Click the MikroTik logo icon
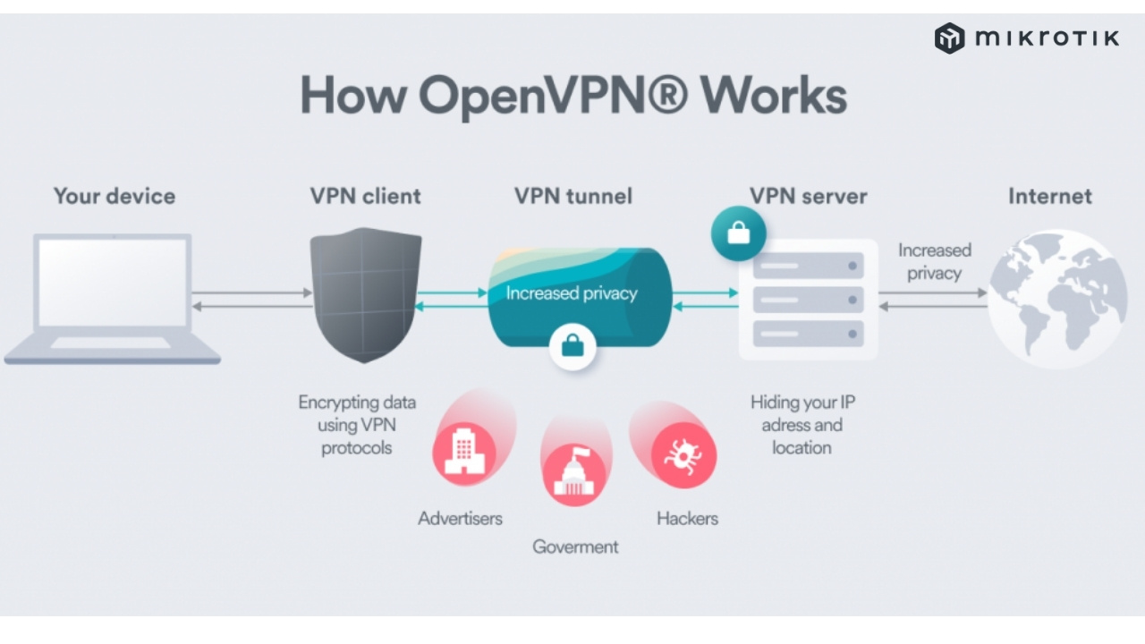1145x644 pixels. pyautogui.click(x=949, y=38)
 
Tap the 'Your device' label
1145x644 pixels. pyautogui.click(x=114, y=196)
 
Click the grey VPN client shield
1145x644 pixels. pyautogui.click(x=366, y=294)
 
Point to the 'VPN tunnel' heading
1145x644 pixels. pyautogui.click(x=573, y=196)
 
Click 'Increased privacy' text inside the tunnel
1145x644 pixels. pyautogui.click(x=572, y=293)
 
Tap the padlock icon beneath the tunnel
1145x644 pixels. pyautogui.click(x=573, y=346)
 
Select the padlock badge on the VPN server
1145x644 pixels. pyautogui.click(x=739, y=234)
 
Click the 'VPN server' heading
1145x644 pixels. pyautogui.click(x=809, y=196)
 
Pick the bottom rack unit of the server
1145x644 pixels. pyautogui.click(x=808, y=334)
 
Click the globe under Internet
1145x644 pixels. pyautogui.click(x=1056, y=299)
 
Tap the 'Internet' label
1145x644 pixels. pyautogui.click(x=1050, y=196)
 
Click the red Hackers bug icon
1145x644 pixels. pyautogui.click(x=684, y=453)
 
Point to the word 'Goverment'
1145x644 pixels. pyautogui.click(x=575, y=547)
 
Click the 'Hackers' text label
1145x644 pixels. pyautogui.click(x=687, y=518)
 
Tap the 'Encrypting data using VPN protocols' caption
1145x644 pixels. pyautogui.click(x=357, y=425)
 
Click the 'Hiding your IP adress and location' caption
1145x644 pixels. pyautogui.click(x=801, y=425)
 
